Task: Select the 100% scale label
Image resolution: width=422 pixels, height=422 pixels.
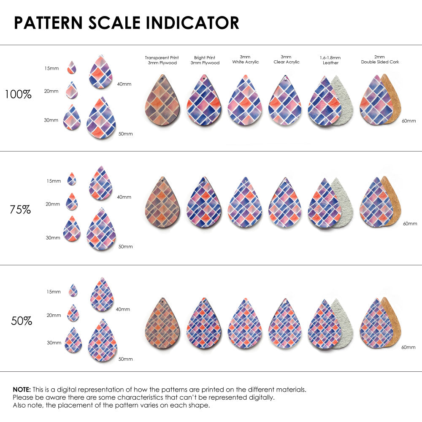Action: point(18,95)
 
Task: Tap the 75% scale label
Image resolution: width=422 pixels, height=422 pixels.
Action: point(20,209)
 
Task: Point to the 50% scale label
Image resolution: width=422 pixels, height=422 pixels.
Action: point(22,321)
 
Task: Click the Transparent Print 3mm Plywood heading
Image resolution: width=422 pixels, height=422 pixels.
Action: point(162,60)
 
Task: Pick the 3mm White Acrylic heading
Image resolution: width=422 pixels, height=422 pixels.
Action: point(245,60)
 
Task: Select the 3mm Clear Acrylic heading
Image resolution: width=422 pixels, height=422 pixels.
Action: point(286,60)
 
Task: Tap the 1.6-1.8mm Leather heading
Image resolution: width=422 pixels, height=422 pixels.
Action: point(330,60)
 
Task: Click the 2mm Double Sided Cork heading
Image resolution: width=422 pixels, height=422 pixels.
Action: point(380,60)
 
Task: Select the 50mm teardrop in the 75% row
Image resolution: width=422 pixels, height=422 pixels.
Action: point(101,230)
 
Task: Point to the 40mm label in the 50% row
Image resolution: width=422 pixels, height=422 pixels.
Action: point(123,309)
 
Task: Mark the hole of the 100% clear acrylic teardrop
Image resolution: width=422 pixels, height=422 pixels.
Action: point(285,78)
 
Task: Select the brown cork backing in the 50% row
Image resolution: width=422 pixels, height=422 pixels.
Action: point(393,321)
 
